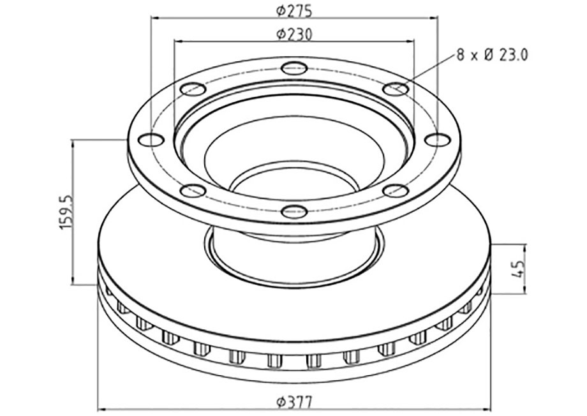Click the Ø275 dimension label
pyautogui.click(x=294, y=11)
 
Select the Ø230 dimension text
pyautogui.click(x=294, y=34)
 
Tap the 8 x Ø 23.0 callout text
pyautogui.click(x=492, y=55)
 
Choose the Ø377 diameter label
pyautogui.click(x=294, y=403)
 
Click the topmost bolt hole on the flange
pyautogui.click(x=294, y=68)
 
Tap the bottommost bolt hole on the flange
pyautogui.click(x=294, y=211)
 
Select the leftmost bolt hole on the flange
pyautogui.click(x=151, y=140)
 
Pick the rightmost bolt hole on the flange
pyautogui.click(x=438, y=140)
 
